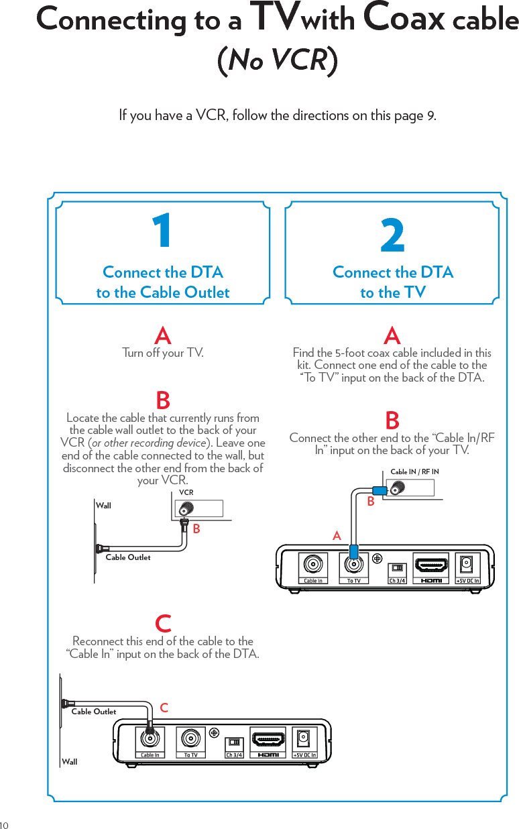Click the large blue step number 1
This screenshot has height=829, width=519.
(x=162, y=231)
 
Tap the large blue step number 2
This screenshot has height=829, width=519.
(x=393, y=237)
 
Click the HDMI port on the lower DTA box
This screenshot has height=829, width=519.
(x=268, y=739)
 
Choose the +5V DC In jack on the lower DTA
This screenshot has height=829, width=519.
(x=304, y=738)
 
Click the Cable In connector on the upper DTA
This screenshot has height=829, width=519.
(x=312, y=563)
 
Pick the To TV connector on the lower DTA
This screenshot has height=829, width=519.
(x=191, y=738)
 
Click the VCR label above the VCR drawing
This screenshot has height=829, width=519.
(x=186, y=492)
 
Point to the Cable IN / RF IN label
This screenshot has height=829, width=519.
(x=414, y=472)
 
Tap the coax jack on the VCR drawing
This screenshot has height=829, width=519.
(x=183, y=508)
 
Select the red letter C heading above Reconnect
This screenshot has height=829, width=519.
(x=163, y=623)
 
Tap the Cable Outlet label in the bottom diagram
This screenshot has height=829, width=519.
(x=94, y=712)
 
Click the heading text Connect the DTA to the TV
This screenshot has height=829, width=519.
(x=393, y=282)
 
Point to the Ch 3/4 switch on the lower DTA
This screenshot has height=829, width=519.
(x=234, y=742)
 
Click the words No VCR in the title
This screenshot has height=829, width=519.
(x=278, y=60)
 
